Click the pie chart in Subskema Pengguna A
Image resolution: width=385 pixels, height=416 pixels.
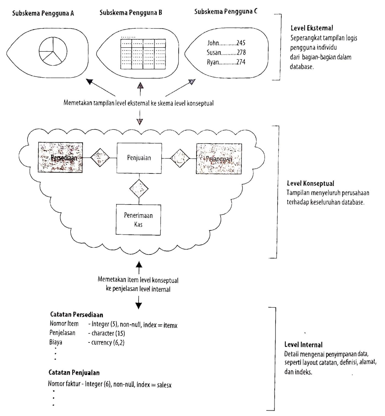(x=53, y=51)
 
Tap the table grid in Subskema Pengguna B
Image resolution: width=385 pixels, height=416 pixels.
(x=143, y=54)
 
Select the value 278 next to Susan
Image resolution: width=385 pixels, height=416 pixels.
(x=241, y=53)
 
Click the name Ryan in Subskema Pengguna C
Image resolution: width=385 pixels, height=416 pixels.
(x=213, y=62)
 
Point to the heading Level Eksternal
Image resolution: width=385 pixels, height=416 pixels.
(x=312, y=28)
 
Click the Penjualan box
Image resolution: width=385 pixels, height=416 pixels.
(x=139, y=158)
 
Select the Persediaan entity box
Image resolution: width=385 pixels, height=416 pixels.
(x=60, y=158)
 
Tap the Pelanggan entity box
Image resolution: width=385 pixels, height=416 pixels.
(x=219, y=159)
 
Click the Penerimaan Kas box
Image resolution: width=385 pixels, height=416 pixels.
(x=138, y=220)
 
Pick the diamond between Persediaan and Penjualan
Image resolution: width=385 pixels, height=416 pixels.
(x=100, y=158)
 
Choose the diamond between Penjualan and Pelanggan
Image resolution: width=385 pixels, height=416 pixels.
(x=180, y=158)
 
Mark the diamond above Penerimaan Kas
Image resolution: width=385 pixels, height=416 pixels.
(x=139, y=188)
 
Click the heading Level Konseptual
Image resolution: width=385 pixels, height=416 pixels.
(x=310, y=184)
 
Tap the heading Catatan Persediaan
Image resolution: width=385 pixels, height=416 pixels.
(x=77, y=315)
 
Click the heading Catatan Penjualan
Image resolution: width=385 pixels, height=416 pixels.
(x=74, y=373)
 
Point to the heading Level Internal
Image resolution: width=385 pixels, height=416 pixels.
(x=303, y=345)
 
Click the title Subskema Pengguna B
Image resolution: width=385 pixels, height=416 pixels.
(x=131, y=12)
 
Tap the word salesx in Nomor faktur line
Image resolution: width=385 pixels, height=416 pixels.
(x=164, y=385)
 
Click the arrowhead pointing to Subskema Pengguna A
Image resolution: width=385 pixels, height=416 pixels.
(x=90, y=82)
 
